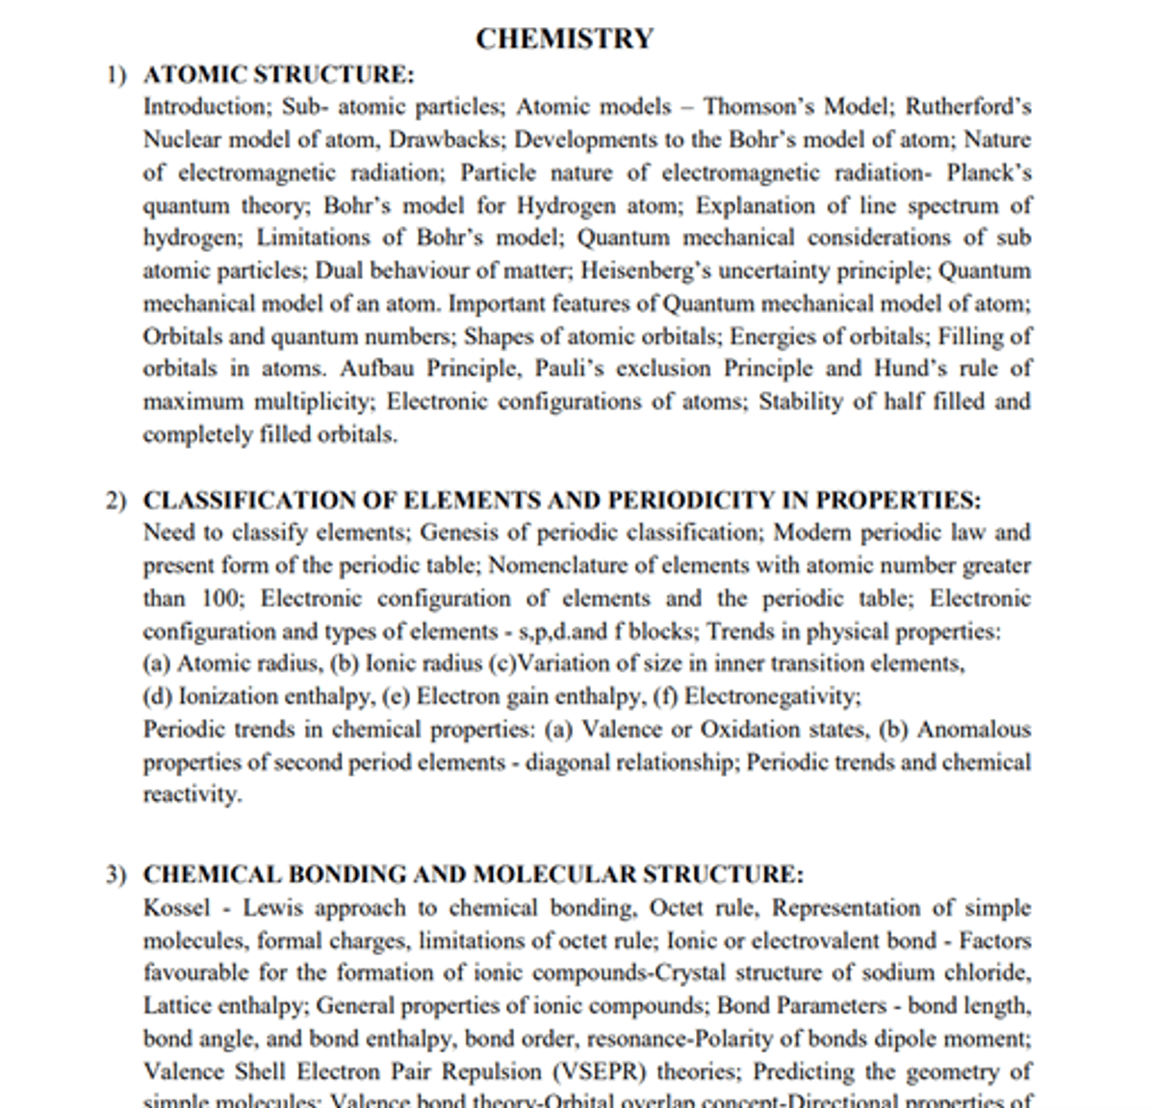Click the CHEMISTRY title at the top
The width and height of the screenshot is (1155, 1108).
[x=564, y=39]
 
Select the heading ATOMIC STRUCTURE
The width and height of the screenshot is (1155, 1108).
[x=278, y=74]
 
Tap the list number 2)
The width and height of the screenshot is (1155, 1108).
[x=115, y=501]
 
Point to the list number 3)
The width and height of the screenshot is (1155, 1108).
[x=115, y=875]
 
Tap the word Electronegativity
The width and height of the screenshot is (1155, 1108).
[x=772, y=696]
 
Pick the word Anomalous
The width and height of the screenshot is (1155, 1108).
[x=973, y=729]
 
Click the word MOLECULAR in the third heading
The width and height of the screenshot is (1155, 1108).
[x=553, y=875]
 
